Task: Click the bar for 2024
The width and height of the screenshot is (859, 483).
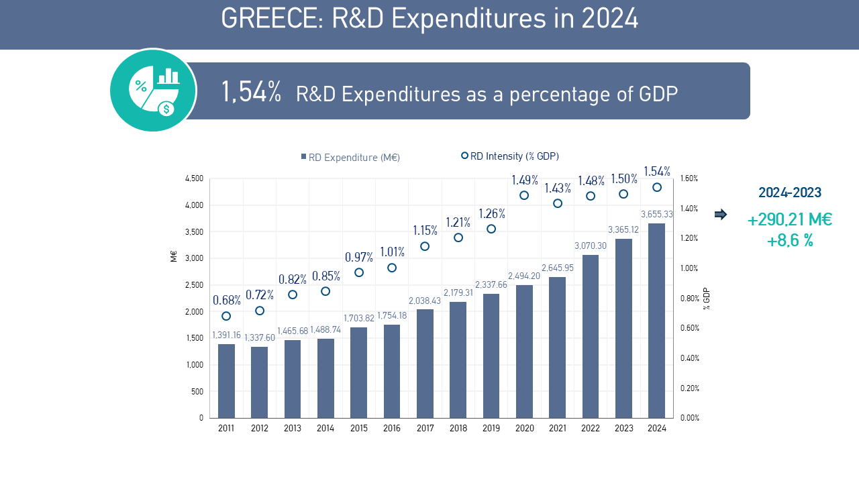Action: tap(657, 321)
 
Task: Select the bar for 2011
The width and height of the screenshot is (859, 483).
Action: tap(226, 381)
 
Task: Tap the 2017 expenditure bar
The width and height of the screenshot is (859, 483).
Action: tap(425, 364)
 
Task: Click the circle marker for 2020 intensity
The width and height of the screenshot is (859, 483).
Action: tap(524, 195)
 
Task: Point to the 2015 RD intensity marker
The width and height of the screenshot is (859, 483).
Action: tap(359, 272)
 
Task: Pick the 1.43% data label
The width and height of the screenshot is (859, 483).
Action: tap(558, 188)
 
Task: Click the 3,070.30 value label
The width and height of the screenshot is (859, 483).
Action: tap(591, 246)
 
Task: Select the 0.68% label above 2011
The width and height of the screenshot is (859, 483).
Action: tap(226, 300)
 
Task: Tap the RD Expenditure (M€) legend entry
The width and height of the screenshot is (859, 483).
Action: tap(350, 158)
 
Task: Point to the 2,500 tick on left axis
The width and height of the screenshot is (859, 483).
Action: tap(194, 285)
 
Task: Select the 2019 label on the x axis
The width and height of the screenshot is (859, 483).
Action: tap(491, 428)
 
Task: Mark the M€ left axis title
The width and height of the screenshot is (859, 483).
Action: tap(174, 256)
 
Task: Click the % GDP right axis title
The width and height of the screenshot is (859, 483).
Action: tap(707, 298)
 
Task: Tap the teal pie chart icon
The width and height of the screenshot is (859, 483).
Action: tap(153, 90)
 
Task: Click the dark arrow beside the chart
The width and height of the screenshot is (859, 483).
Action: tap(720, 215)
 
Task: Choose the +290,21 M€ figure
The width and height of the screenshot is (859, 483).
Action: tap(790, 219)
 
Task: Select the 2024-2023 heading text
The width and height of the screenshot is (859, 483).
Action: tap(790, 193)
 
